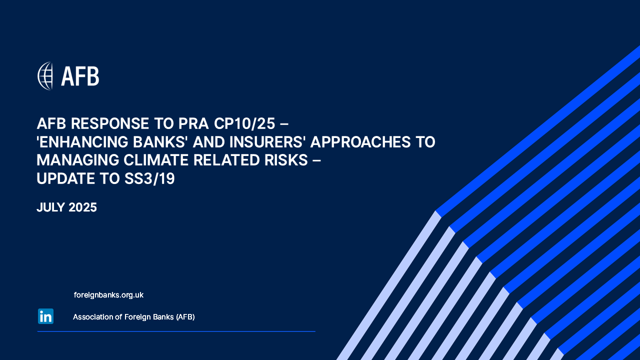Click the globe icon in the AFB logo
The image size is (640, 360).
[45, 76]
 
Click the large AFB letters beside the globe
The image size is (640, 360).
[80, 76]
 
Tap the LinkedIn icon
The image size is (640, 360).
[45, 316]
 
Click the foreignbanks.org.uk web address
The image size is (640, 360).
[108, 295]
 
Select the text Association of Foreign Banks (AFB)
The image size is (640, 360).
[133, 317]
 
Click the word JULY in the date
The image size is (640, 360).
[51, 207]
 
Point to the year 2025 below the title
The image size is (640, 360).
[82, 207]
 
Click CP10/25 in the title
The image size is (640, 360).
[244, 123]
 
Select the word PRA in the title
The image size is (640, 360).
[194, 123]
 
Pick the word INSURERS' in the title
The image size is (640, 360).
[265, 141]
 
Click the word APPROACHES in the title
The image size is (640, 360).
[360, 141]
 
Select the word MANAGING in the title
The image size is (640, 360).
[77, 160]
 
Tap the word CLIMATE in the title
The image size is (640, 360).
[156, 160]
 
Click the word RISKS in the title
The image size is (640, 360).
[286, 160]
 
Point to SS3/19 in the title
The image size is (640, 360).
[149, 178]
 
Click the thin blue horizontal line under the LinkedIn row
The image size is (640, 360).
[176, 331]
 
